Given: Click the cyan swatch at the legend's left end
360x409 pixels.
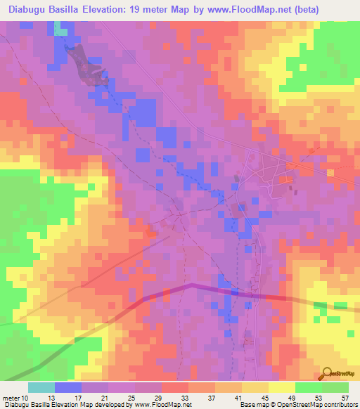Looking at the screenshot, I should (x=41, y=387).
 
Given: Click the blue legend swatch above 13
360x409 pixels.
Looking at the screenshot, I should (x=68, y=387).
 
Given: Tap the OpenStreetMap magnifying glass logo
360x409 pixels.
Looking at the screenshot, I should (x=328, y=373).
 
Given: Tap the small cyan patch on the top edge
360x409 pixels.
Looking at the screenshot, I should (x=61, y=32).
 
